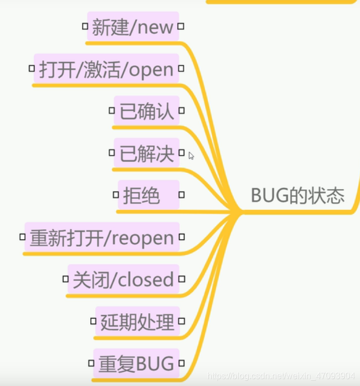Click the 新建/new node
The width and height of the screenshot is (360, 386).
pyautogui.click(x=133, y=27)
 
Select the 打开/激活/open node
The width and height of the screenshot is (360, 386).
pyautogui.click(x=106, y=69)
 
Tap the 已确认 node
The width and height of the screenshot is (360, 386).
pyautogui.click(x=147, y=111)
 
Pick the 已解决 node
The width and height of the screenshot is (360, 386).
pyautogui.click(x=147, y=153)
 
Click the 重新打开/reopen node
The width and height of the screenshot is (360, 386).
pyautogui.click(x=102, y=237)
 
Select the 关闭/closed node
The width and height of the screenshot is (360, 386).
pyautogui.click(x=123, y=279)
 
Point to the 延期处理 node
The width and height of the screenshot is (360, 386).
pyautogui.click(x=137, y=321)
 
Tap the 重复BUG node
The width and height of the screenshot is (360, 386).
pyautogui.click(x=136, y=363)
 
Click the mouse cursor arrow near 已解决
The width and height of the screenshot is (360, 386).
pyautogui.click(x=191, y=155)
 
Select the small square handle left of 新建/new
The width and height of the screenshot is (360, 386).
pyautogui.click(x=85, y=26)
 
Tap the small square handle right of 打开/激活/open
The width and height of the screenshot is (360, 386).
pyautogui.click(x=181, y=69)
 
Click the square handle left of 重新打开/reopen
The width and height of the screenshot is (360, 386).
pyautogui.click(x=22, y=236)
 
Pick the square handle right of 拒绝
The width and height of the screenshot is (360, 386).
pyautogui.click(x=181, y=194)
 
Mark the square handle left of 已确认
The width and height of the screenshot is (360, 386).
pyautogui.click(x=112, y=110)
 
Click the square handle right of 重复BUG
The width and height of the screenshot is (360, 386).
pyautogui.click(x=181, y=363)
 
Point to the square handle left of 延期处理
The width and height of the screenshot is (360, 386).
pyautogui.click(x=93, y=321)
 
